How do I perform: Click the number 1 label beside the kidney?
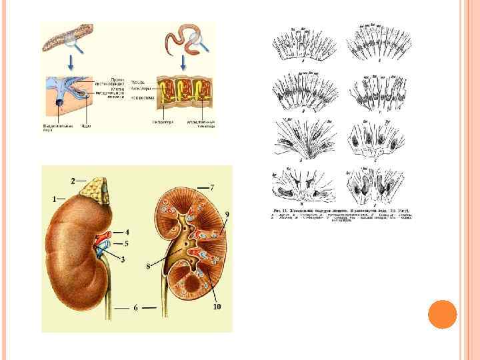pos(54,199)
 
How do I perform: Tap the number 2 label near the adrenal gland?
pos(73,180)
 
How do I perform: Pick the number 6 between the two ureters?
pos(135,308)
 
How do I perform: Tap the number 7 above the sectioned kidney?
pos(211,187)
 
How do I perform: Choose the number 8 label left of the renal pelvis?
pos(148,267)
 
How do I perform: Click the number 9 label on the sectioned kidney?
pos(227,214)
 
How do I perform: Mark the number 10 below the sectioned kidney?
pos(217,307)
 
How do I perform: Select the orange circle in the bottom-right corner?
pos(442,314)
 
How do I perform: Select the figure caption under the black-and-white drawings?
pos(341,214)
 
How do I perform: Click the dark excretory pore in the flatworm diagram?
pos(59,105)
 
